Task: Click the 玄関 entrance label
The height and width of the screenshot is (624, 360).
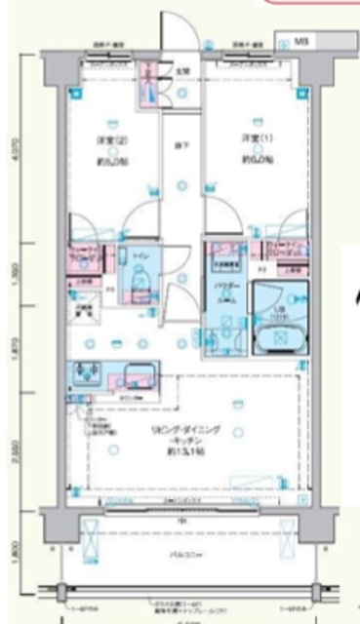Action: [181, 69]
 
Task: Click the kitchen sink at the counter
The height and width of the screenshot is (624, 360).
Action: [88, 374]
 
